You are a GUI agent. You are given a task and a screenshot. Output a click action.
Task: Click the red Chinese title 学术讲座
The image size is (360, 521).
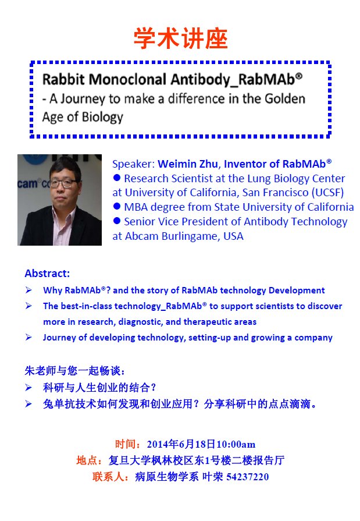[180, 38]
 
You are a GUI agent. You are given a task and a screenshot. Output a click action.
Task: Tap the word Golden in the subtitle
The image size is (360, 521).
[284, 99]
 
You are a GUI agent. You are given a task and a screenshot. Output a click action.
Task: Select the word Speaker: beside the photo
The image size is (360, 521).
[133, 164]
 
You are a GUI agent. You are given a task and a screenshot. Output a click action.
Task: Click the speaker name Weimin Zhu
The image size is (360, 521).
[188, 164]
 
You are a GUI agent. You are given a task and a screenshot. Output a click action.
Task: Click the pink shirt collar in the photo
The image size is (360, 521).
[63, 218]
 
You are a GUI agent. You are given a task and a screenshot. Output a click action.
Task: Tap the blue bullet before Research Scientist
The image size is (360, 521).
[116, 178]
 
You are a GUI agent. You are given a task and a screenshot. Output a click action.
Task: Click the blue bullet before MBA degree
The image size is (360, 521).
[116, 206]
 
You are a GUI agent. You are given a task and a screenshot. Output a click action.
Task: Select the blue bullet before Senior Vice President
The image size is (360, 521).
[116, 221]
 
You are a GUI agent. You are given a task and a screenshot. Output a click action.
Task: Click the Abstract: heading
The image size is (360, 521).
[47, 274]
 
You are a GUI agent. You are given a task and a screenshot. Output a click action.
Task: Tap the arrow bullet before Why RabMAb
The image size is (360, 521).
[29, 290]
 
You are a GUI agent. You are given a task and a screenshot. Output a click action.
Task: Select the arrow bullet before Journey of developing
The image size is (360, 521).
[29, 337]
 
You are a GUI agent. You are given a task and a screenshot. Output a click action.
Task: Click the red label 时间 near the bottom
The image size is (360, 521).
[126, 444]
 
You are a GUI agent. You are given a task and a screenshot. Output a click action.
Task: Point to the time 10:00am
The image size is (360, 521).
[236, 444]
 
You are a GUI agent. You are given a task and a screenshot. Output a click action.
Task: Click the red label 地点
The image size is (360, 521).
[87, 460]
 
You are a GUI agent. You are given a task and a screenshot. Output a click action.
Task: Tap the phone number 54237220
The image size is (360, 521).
[247, 477]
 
